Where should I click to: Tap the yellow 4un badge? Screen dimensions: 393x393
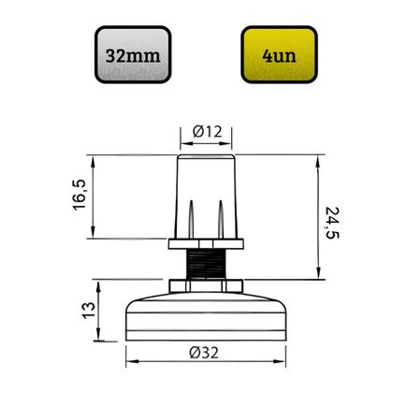[x=279, y=54]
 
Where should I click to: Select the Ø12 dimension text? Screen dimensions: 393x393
[x=206, y=133]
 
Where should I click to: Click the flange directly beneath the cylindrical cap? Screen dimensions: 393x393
[x=206, y=244]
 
